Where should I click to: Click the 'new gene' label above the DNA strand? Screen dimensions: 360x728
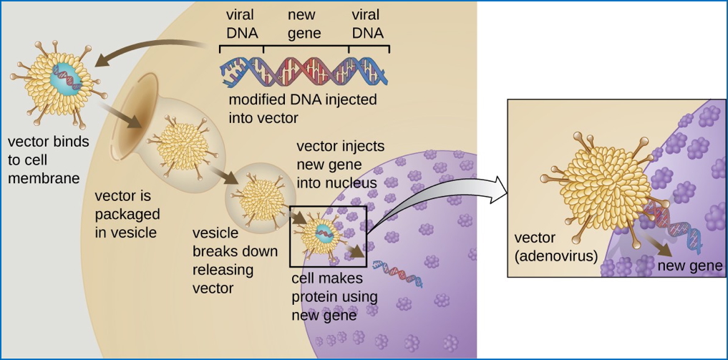pos(305,24)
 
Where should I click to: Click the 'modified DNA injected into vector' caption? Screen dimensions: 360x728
pos(302,108)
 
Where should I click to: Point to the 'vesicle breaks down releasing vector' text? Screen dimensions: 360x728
pos(223,260)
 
